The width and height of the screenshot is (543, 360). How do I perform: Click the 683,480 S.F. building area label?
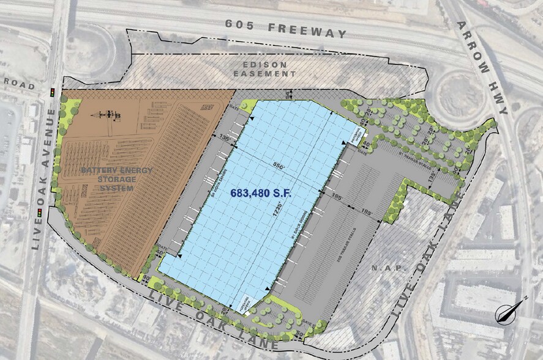(x=261, y=192)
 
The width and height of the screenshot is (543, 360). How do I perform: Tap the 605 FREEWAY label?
(x=285, y=29)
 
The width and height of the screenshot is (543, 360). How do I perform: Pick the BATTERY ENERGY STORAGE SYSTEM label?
(x=108, y=178)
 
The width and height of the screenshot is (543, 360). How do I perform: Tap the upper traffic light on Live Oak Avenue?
(x=53, y=93)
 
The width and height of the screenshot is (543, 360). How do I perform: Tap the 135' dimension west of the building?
(x=223, y=139)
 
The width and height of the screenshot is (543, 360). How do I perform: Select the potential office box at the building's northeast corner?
(x=356, y=133)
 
